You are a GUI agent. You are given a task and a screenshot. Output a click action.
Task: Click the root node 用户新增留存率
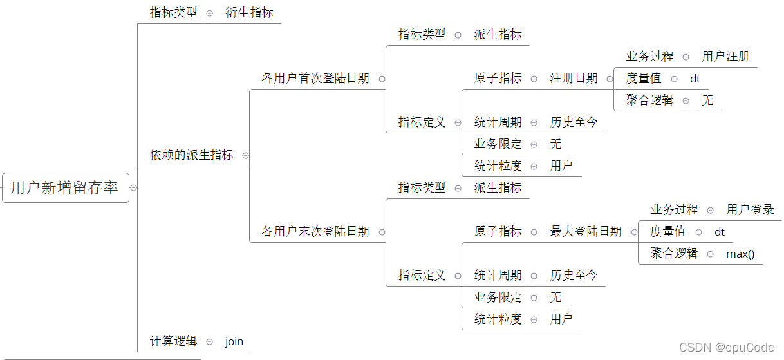(x=65, y=187)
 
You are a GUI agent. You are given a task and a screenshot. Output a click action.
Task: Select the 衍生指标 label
(x=249, y=12)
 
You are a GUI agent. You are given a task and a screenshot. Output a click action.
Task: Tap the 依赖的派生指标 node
(x=191, y=155)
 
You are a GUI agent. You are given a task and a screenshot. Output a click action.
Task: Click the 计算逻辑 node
(x=173, y=341)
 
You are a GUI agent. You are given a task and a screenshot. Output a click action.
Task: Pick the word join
(x=234, y=341)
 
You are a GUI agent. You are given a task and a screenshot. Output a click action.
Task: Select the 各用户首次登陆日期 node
(x=315, y=79)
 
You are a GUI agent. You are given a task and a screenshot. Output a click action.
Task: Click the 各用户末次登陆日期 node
(x=315, y=232)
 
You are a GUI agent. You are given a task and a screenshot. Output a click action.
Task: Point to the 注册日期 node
(x=574, y=79)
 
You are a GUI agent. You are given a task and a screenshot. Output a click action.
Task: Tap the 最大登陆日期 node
(x=586, y=232)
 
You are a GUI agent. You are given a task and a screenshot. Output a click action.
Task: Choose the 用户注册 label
(x=725, y=57)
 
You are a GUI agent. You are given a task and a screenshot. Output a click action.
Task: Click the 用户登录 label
(x=750, y=210)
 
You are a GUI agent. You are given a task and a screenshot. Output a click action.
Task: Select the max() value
(x=740, y=254)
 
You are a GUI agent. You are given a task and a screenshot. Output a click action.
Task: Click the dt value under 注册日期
(x=695, y=79)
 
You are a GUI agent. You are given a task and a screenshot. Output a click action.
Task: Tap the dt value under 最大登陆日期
(x=720, y=232)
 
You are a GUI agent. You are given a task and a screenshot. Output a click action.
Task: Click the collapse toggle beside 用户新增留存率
(x=133, y=188)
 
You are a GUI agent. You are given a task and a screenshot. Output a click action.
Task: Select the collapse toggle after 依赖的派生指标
(x=245, y=156)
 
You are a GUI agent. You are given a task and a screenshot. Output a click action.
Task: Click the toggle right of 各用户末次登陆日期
(x=382, y=232)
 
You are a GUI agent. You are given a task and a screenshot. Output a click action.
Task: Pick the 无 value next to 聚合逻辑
(x=707, y=100)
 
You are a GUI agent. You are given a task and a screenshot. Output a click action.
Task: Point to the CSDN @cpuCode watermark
(x=727, y=347)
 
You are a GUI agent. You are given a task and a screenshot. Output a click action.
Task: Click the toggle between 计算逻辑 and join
(x=210, y=342)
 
